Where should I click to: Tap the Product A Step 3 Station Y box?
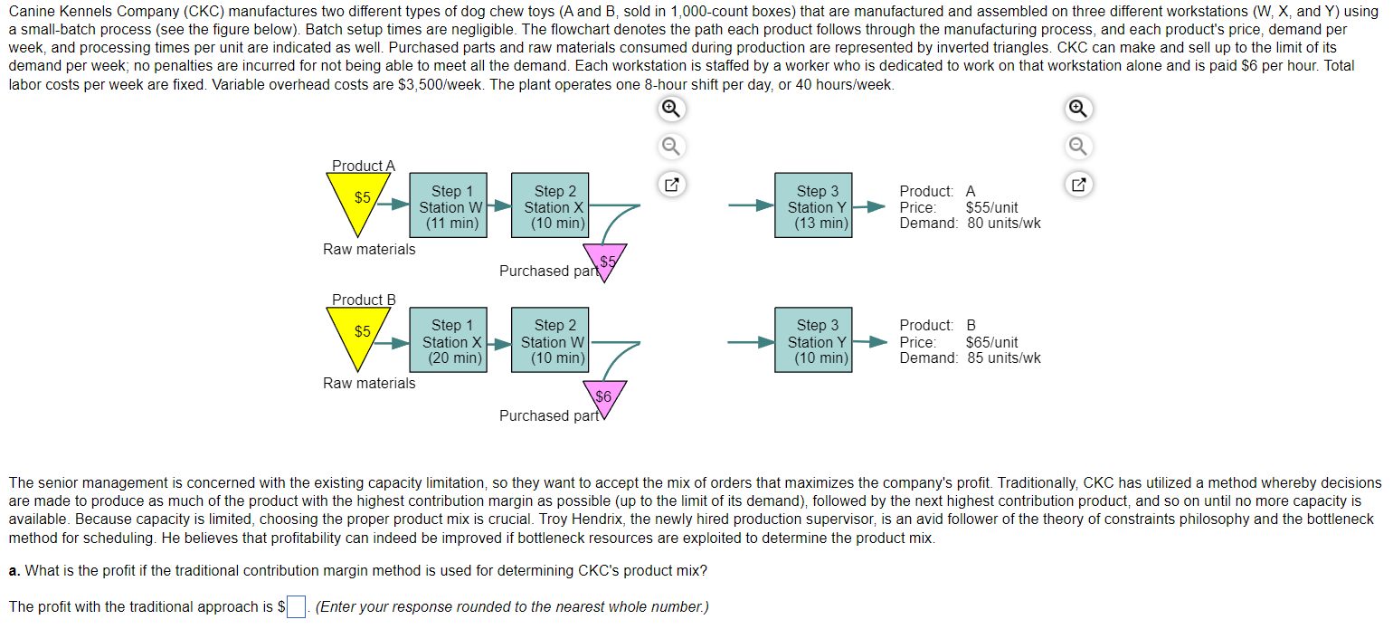click(812, 207)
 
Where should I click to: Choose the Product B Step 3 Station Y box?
click(812, 341)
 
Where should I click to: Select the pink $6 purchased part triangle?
click(604, 397)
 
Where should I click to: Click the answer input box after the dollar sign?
click(297, 607)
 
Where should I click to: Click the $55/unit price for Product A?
click(991, 207)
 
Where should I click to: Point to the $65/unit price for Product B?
click(991, 342)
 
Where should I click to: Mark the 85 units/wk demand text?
click(1003, 357)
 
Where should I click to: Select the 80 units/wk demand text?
click(1003, 223)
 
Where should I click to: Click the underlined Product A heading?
click(364, 166)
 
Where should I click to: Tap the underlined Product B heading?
click(364, 300)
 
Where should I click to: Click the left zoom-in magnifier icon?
click(670, 109)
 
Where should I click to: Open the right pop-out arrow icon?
click(1077, 186)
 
